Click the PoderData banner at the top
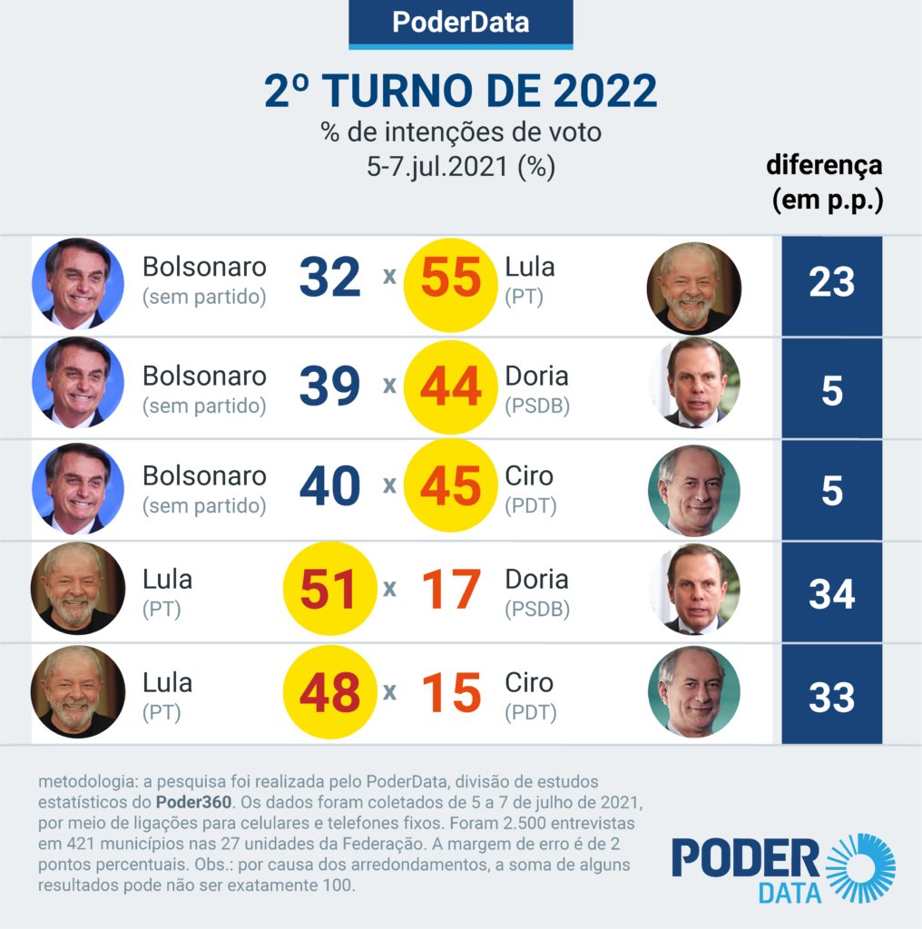(460, 23)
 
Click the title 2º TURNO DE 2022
(460, 92)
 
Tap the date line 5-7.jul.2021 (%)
(460, 167)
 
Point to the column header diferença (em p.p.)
(824, 182)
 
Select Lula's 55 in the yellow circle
(451, 279)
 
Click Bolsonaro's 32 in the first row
(330, 279)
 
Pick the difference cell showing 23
(831, 283)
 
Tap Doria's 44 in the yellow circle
(451, 387)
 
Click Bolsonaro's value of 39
(330, 387)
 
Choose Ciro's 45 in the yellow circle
(451, 487)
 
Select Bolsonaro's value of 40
(330, 487)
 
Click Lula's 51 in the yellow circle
(330, 590)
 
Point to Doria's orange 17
(451, 590)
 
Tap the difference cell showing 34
(831, 594)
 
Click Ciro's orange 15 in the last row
(451, 694)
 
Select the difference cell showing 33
(831, 698)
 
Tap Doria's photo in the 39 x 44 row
(694, 383)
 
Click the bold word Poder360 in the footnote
(193, 802)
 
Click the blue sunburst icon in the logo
(859, 868)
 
